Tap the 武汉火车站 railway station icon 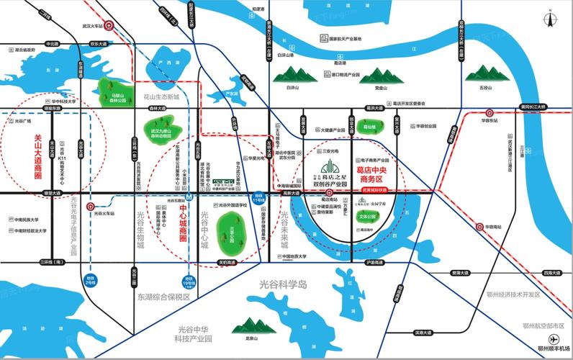click(110, 24)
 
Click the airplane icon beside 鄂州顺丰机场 click(554, 338)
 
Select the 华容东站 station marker click(489, 113)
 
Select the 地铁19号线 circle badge click(189, 281)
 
